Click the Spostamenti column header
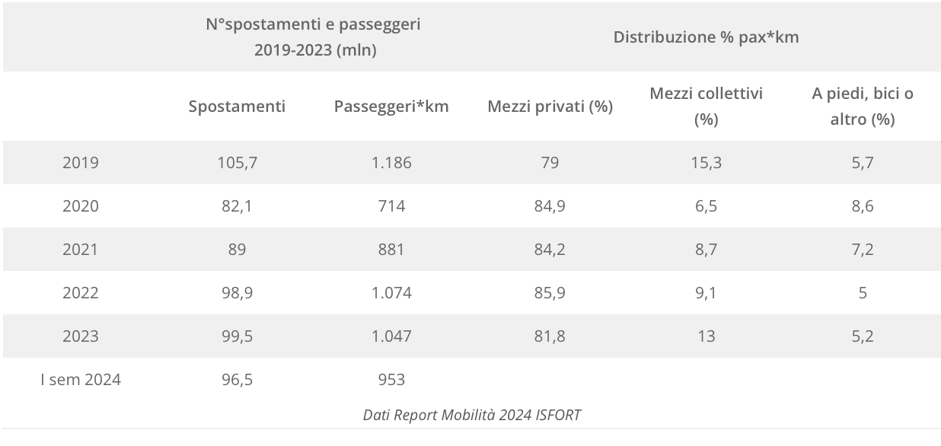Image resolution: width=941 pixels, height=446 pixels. point(237,107)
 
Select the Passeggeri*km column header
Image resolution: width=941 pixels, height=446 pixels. point(391,107)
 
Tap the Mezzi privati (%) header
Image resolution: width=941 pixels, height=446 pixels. point(550,107)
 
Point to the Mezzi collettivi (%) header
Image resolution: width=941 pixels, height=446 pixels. point(706,107)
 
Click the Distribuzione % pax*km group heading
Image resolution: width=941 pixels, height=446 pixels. point(706,37)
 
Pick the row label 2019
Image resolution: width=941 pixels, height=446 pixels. point(81,163)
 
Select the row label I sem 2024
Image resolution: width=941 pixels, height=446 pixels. point(81,379)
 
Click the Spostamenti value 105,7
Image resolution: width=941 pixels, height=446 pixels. point(237,163)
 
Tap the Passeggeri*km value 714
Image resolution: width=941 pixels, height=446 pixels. point(391,206)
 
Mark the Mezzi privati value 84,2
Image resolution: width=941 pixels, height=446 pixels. point(550,250)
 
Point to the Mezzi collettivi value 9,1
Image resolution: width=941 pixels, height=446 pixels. point(706,293)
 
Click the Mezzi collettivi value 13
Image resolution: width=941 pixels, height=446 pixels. point(706,336)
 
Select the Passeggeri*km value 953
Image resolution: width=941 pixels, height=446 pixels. point(391,379)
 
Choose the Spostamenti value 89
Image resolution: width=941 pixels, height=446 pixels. point(237,250)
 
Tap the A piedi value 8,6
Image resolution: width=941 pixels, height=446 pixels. point(862,206)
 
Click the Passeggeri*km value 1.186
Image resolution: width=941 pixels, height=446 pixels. point(391,163)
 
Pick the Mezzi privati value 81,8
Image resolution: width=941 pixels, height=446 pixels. point(550,336)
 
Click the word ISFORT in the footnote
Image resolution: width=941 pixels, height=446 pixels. point(557,415)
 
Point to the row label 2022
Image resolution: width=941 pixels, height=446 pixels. point(81,293)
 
